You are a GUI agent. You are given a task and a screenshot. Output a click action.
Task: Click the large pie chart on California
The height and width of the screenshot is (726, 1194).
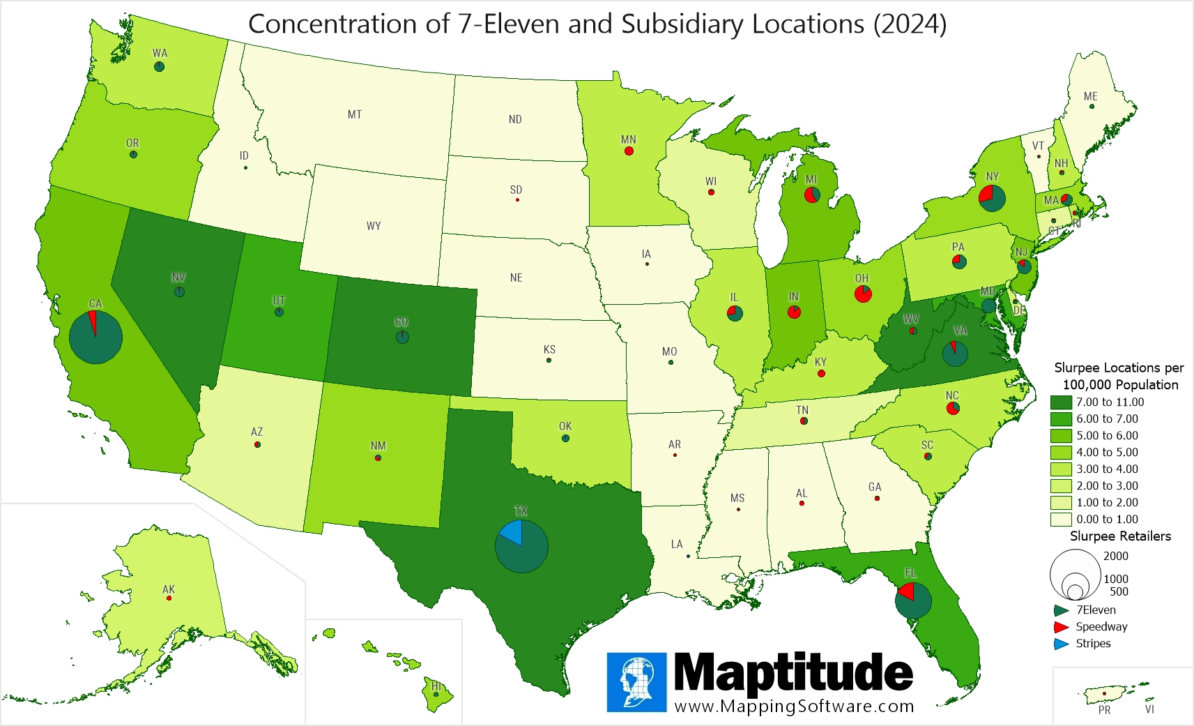pyautogui.click(x=96, y=338)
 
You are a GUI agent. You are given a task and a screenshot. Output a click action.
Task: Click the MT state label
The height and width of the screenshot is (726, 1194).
pyautogui.click(x=355, y=114)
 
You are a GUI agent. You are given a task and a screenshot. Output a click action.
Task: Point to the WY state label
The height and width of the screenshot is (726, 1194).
pyautogui.click(x=374, y=226)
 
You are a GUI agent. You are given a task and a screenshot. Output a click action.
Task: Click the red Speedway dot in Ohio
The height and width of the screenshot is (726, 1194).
pyautogui.click(x=863, y=294)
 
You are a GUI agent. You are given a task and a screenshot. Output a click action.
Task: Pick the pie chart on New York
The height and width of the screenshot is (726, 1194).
pyautogui.click(x=992, y=199)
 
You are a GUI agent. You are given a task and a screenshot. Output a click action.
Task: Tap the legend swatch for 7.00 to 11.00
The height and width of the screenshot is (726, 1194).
pyautogui.click(x=1061, y=402)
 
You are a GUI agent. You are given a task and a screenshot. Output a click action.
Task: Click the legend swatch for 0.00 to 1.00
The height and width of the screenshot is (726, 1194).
pyautogui.click(x=1061, y=520)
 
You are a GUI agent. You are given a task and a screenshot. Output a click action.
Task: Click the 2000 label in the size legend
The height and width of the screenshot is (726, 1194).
pyautogui.click(x=1115, y=556)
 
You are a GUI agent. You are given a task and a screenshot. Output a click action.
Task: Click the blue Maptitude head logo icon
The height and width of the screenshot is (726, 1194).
pyautogui.click(x=636, y=682)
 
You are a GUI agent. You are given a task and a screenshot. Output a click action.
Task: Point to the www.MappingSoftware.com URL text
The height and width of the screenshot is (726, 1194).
pyautogui.click(x=794, y=706)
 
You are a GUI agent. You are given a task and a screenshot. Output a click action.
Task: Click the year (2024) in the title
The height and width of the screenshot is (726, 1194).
pyautogui.click(x=910, y=24)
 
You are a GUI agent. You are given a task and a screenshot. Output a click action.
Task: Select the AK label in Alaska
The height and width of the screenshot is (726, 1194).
pyautogui.click(x=169, y=589)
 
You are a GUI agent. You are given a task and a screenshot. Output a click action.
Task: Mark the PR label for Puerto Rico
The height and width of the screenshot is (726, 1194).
pyautogui.click(x=1104, y=710)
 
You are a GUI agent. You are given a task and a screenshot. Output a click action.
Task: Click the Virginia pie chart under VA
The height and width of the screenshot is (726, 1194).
pyautogui.click(x=955, y=354)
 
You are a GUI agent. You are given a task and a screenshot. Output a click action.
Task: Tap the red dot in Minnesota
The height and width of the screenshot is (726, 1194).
pyautogui.click(x=629, y=151)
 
